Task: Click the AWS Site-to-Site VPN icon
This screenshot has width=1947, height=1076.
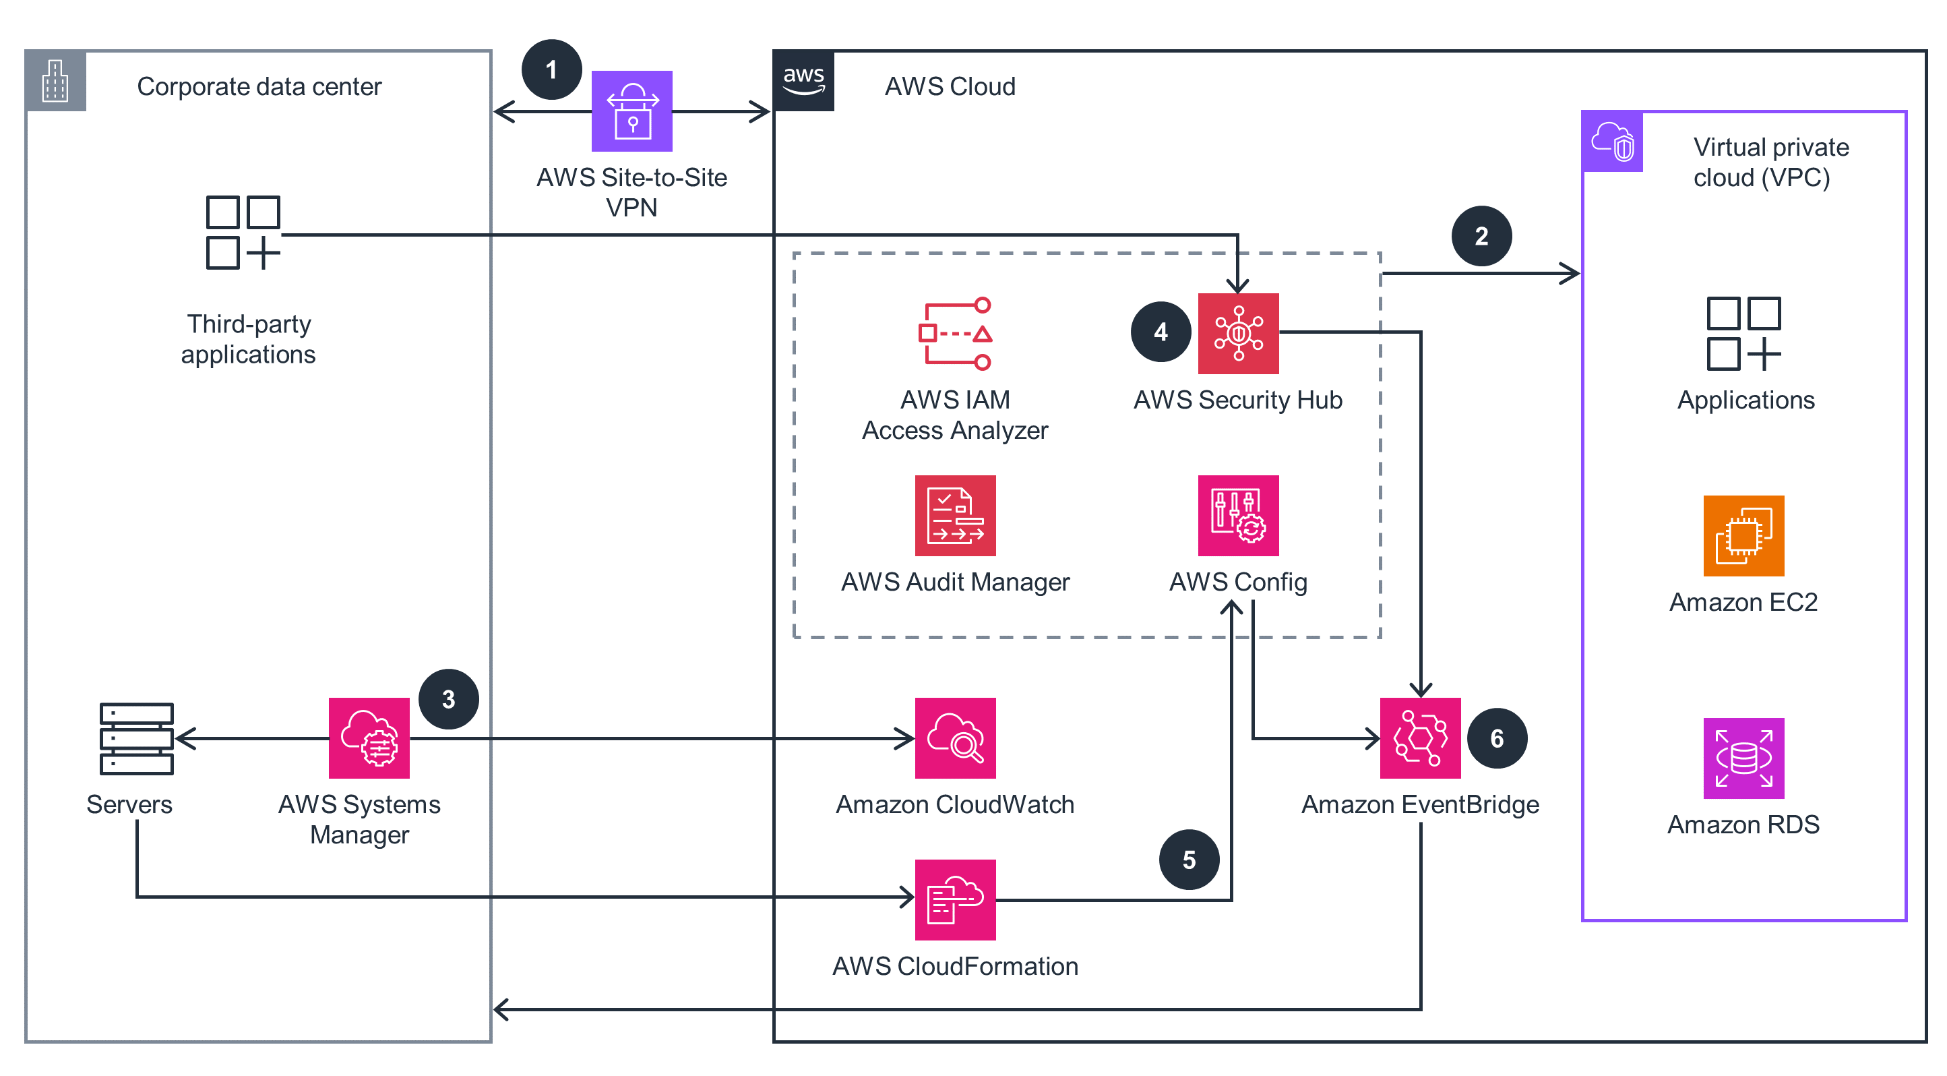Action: coord(632,111)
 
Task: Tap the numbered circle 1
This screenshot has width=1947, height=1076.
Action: coord(552,69)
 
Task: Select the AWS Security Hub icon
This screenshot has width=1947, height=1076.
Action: coord(1238,334)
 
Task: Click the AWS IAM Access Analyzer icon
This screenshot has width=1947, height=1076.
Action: coord(956,334)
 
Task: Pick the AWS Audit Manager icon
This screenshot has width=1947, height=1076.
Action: coord(956,516)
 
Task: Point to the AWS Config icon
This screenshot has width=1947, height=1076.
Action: coord(1238,516)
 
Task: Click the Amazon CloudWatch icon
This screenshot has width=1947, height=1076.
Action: coord(956,738)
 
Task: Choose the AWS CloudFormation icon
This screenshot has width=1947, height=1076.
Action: coord(956,900)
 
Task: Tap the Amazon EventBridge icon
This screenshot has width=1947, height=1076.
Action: coord(1420,738)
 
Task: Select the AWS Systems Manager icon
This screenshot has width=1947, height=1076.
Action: coord(369,738)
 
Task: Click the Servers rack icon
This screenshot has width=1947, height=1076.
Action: coord(137,738)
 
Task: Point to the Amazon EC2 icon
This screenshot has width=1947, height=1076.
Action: coord(1743,536)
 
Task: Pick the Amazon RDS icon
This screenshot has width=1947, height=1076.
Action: coord(1743,758)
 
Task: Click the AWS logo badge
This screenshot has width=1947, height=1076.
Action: coord(803,81)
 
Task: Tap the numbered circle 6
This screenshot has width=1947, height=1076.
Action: coord(1497,738)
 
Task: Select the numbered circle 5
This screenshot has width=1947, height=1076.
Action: coord(1189,860)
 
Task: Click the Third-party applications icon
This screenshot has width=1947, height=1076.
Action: coord(243,232)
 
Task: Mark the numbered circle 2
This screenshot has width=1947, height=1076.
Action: coord(1481,236)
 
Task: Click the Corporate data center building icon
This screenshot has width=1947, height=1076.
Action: coord(55,81)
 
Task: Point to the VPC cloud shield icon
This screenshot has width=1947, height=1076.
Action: coord(1612,142)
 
